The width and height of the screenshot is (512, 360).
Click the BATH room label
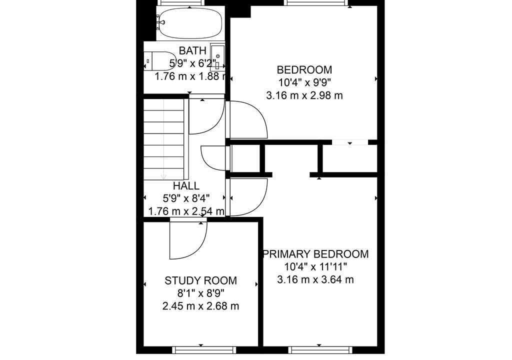click(192, 50)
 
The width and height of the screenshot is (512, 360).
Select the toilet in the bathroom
click(159, 61)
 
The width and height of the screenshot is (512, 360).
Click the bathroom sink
click(217, 57)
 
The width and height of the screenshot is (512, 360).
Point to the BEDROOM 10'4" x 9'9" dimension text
click(304, 82)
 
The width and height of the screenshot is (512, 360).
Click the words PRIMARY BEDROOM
click(316, 254)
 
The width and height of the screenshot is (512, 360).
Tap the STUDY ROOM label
click(200, 280)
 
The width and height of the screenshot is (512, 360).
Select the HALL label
click(186, 186)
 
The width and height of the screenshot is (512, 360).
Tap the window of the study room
click(204, 350)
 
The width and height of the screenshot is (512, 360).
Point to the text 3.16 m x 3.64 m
click(315, 279)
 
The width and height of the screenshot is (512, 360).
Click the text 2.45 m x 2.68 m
click(200, 306)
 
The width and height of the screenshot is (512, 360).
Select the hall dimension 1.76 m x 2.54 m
click(186, 211)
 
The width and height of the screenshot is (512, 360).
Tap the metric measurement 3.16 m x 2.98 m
click(304, 95)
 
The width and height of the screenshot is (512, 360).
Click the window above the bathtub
click(181, 2)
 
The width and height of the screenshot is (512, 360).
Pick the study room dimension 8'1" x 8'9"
click(200, 293)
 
